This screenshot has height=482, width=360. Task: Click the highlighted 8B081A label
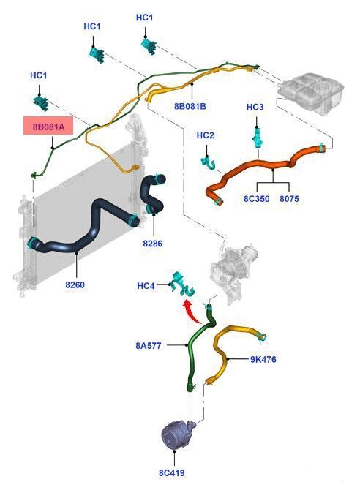coord(48,126)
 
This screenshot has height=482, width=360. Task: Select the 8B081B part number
coord(190,106)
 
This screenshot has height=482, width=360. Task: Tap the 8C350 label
coord(256,199)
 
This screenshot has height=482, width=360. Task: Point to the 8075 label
coord(289,199)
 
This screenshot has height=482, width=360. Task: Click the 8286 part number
coord(152,244)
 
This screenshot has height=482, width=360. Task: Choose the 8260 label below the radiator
coord(75,285)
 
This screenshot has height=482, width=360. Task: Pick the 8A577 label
coord(149,346)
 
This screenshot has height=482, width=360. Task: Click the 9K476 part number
coord(263,359)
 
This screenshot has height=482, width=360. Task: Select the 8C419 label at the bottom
coord(172,472)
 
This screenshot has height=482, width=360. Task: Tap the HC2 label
coord(205,135)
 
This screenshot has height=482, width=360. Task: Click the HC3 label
coord(255,107)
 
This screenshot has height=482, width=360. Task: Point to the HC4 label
coord(146,286)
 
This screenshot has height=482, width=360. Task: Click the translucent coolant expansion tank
coord(310,92)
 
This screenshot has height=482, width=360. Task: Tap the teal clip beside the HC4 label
coord(183,285)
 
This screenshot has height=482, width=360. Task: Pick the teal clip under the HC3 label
coord(257,138)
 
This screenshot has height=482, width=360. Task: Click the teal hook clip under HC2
coord(209,163)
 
